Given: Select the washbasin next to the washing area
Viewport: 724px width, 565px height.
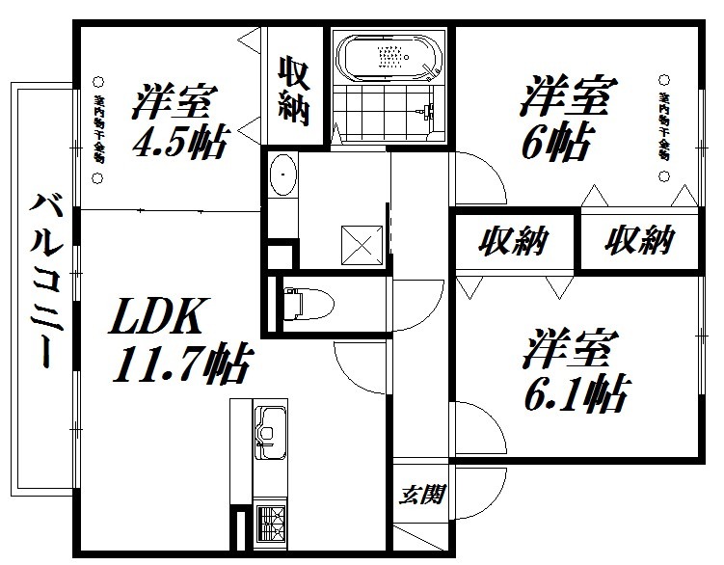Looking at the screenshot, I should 282,176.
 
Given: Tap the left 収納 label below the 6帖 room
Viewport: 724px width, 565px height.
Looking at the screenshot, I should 514,240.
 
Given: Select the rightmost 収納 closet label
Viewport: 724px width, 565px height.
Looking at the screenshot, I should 638,240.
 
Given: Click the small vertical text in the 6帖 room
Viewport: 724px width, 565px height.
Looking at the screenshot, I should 664,126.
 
